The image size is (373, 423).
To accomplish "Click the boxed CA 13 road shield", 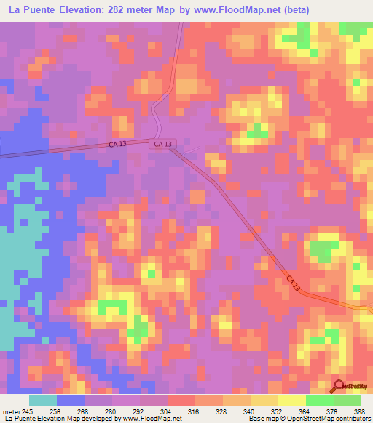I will [x=163, y=145].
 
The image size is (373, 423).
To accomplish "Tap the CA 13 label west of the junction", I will [x=117, y=145].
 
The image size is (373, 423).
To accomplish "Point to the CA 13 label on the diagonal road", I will [x=292, y=281].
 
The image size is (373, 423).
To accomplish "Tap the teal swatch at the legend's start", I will [x=43, y=400].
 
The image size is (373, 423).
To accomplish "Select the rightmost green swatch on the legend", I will [x=348, y=400].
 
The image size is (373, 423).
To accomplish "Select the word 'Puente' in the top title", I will [x=40, y=10].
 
